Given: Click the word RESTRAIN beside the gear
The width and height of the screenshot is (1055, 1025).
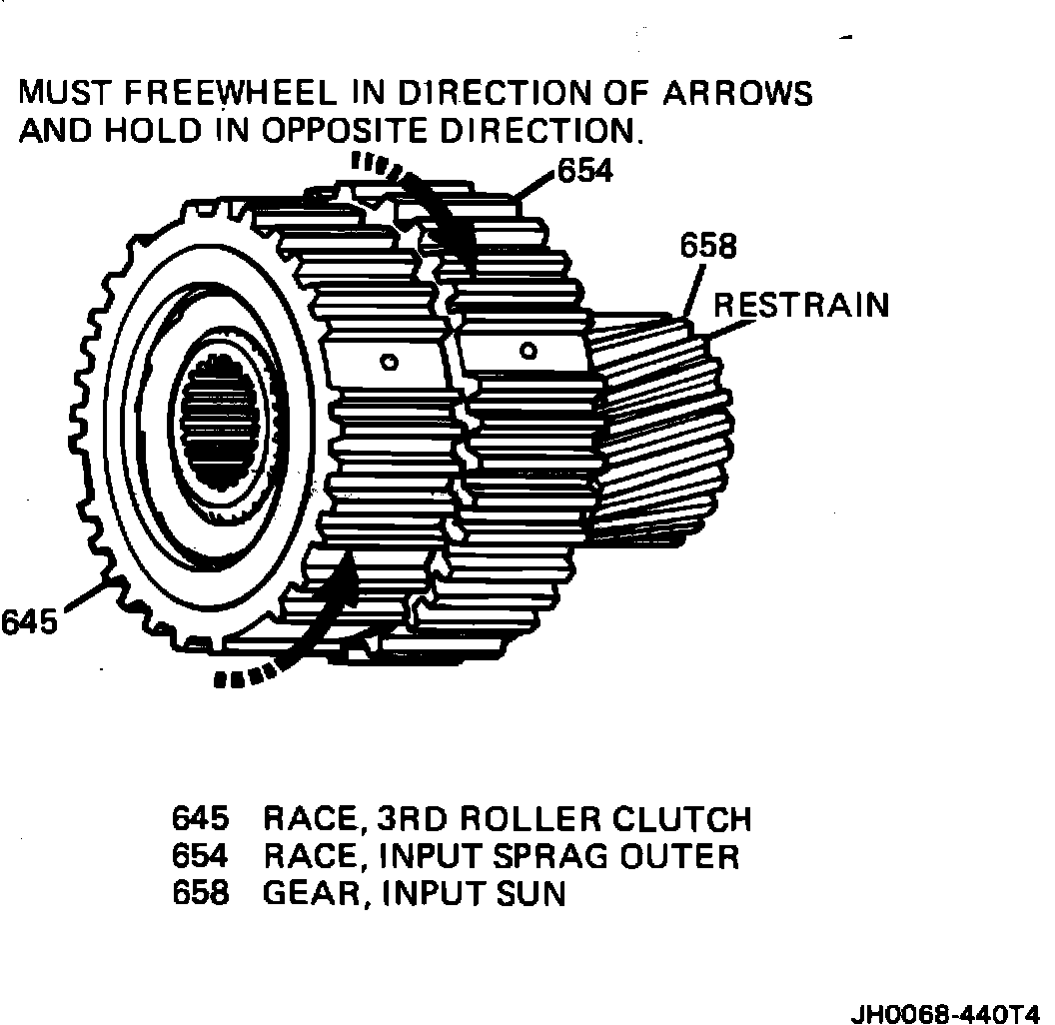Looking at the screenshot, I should (x=800, y=305).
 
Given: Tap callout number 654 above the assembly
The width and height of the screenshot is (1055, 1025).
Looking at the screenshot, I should (x=585, y=171).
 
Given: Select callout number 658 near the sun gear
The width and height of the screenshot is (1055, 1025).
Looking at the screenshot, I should (x=708, y=246).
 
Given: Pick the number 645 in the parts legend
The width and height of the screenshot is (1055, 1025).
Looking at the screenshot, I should (x=201, y=819).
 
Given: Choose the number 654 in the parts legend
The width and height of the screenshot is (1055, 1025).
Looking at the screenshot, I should (x=201, y=856).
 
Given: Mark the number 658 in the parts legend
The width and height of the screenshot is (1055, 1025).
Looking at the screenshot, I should (x=201, y=893).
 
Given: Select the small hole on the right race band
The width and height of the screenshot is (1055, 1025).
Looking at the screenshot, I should (x=529, y=351).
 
